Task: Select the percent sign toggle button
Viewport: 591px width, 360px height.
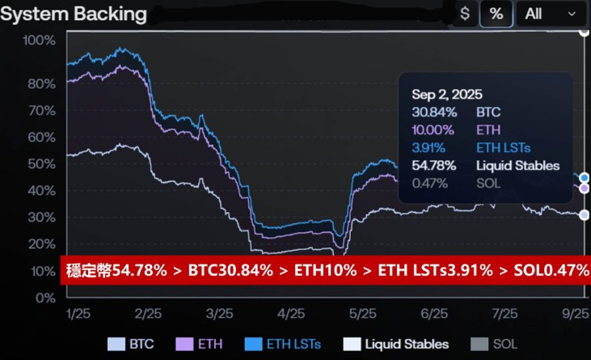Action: [x=496, y=14]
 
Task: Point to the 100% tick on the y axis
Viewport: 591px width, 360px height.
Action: [x=39, y=40]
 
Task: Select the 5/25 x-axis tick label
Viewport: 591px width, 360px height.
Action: [x=362, y=314]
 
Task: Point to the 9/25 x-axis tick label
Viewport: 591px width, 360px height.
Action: [x=575, y=314]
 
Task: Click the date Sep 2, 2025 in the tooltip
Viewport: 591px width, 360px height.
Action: [x=446, y=95]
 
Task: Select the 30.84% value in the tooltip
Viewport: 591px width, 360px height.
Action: [x=434, y=112]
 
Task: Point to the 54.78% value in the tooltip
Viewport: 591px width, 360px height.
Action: [x=434, y=166]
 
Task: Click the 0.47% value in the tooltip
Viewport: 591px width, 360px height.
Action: [x=431, y=184]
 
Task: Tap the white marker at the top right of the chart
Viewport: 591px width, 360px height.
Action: [x=585, y=32]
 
